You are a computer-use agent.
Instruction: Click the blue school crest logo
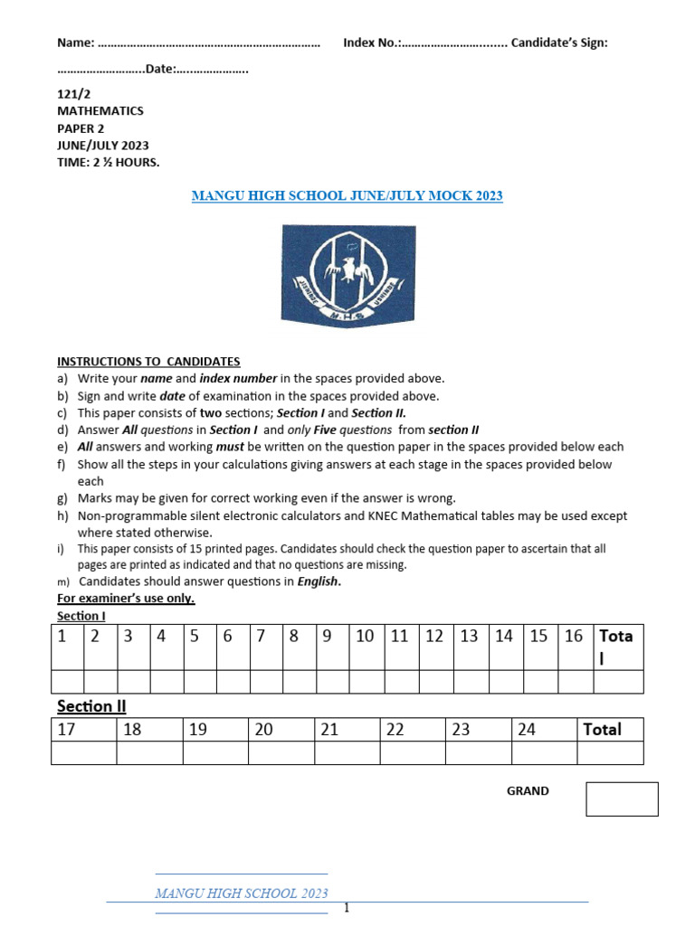point(347,274)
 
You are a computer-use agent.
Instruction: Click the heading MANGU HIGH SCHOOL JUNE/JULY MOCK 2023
point(347,195)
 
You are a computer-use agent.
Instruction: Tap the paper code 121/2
point(72,94)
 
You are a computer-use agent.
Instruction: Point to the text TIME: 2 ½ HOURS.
point(108,162)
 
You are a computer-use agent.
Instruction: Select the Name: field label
point(76,43)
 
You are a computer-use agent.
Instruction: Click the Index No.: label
point(372,43)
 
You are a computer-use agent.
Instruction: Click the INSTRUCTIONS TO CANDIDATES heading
point(148,361)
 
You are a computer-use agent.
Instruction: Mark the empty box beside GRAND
point(622,798)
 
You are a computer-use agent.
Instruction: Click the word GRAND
point(528,790)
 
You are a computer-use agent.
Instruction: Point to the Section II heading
point(91,705)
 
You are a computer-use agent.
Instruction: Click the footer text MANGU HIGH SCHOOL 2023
point(242,893)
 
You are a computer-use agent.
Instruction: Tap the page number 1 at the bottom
point(346,909)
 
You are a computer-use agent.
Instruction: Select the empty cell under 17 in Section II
point(84,752)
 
